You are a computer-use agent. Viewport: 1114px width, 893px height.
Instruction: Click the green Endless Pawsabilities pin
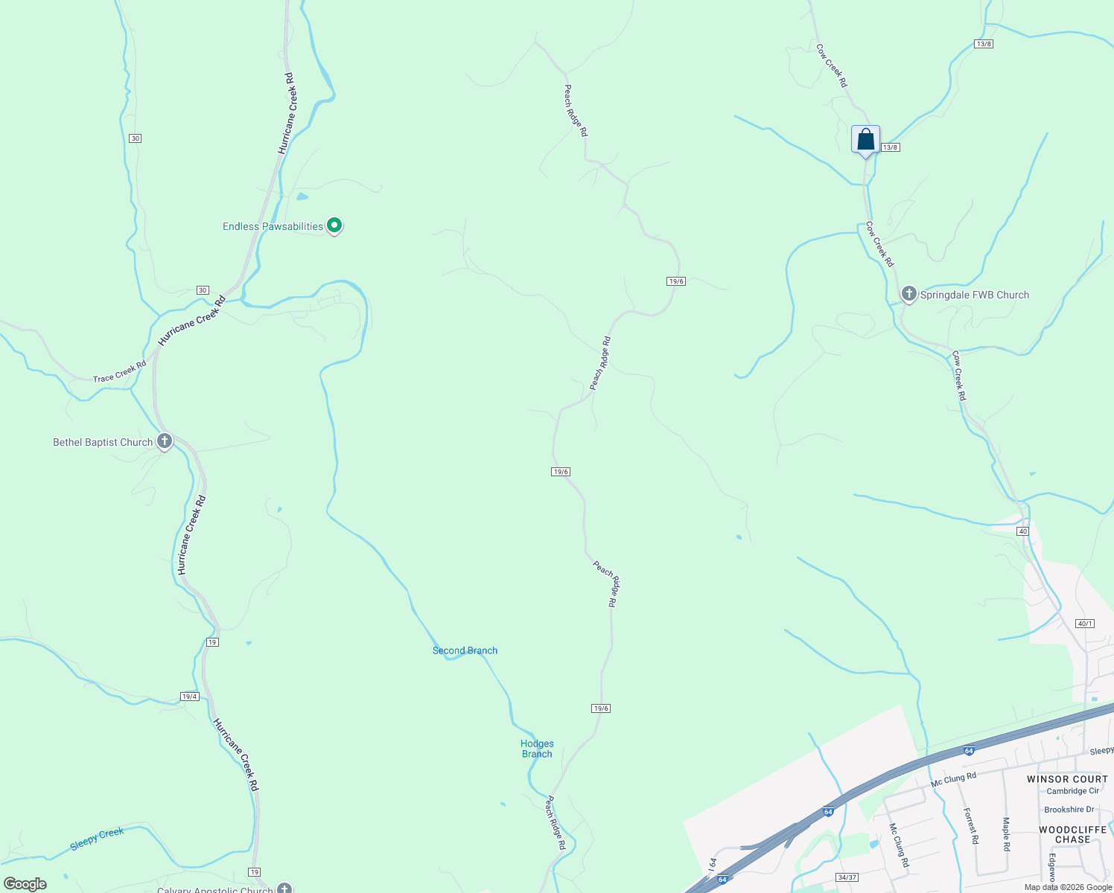[334, 225]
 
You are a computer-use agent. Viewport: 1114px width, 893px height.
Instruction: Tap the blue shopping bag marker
[865, 140]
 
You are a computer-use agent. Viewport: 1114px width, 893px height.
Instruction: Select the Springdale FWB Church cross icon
[908, 294]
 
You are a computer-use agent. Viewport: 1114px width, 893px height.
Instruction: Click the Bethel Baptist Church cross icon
[165, 441]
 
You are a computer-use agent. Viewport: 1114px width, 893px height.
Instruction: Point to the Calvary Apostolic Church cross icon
[284, 888]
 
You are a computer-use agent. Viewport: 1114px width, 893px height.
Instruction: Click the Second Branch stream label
[465, 650]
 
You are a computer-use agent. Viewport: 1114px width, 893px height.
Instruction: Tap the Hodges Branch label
[537, 749]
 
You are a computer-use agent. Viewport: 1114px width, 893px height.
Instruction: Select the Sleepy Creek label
[97, 839]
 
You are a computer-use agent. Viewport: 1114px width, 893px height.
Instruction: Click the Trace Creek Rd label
[119, 372]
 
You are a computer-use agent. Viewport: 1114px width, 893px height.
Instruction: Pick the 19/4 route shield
[189, 697]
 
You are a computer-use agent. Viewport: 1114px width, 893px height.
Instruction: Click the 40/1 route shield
[1085, 624]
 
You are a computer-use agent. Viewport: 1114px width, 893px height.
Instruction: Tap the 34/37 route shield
[847, 877]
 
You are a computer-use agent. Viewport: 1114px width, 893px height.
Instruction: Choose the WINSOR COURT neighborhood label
[1067, 779]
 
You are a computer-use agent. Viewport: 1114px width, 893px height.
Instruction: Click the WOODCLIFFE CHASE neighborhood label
[1072, 834]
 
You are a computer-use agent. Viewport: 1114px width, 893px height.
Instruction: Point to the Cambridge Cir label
[1072, 791]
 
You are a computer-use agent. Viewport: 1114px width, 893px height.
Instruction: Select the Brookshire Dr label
[1069, 810]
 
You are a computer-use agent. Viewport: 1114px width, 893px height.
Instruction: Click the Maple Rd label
[1006, 834]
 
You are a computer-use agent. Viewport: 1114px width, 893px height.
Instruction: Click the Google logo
[25, 884]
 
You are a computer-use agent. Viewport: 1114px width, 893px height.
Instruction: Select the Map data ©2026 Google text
[1068, 887]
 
